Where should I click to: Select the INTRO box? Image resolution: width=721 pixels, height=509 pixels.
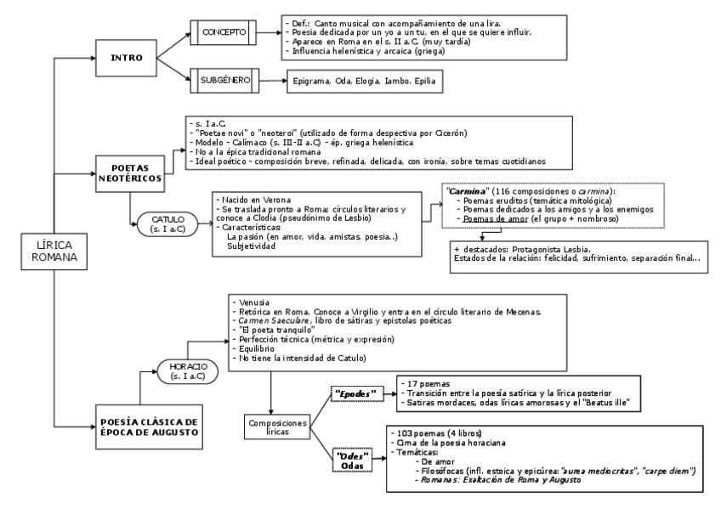[125, 59]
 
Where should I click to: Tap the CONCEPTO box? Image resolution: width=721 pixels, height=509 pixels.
[224, 32]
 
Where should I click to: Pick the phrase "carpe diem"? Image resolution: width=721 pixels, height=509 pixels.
[665, 470]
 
